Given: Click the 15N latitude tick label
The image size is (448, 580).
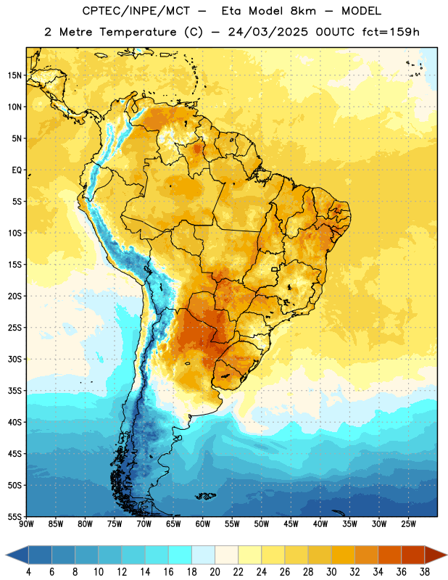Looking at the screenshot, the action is [x=14, y=75].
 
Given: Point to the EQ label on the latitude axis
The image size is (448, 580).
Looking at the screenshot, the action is [x=17, y=170].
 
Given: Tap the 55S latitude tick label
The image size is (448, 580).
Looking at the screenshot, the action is [x=14, y=516].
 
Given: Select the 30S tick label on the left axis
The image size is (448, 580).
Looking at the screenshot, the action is [x=14, y=359].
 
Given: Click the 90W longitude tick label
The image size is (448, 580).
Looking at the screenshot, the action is [x=27, y=523].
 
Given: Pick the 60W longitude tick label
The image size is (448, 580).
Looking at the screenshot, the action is [x=203, y=523].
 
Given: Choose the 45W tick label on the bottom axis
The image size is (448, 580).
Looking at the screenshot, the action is [x=291, y=523].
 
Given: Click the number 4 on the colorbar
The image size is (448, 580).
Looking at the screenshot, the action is [x=28, y=572].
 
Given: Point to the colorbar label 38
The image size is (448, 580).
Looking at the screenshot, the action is [x=425, y=572].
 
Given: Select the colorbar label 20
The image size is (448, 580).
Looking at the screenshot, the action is [x=215, y=572].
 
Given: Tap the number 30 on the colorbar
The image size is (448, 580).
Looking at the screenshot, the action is [x=331, y=572].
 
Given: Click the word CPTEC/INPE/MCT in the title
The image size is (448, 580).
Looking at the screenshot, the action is [x=136, y=11].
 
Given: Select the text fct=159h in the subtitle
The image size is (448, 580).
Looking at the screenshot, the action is [x=391, y=32].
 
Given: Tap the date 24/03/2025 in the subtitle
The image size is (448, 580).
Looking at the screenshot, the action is [x=267, y=32].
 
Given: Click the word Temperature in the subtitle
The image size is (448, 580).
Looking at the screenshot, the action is [x=138, y=33].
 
